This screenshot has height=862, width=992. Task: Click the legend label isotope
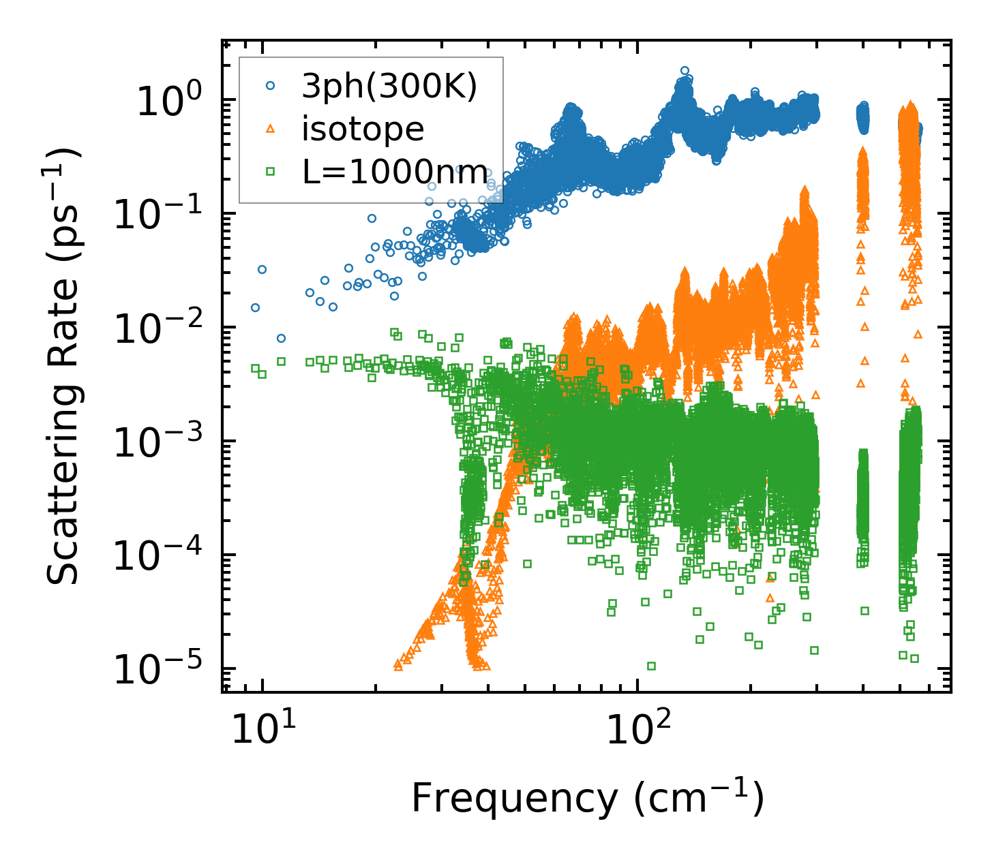coord(363,129)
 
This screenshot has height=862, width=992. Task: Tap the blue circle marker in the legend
coord(271,86)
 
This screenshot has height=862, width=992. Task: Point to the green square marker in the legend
coord(271,172)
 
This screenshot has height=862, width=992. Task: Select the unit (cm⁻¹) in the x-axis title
coord(698,799)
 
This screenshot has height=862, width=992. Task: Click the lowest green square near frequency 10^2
coord(651,666)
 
